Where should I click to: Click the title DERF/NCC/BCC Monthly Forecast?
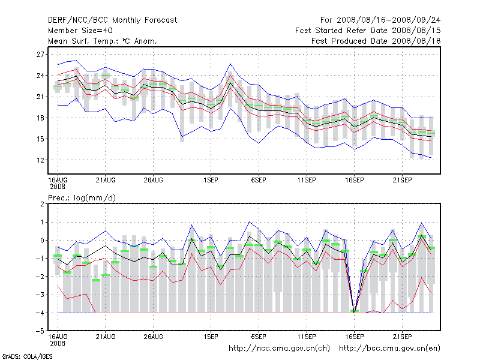(x=113, y=20)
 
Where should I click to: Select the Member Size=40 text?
(x=80, y=30)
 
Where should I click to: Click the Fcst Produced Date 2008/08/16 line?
(x=376, y=41)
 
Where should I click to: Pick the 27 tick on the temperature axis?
(x=41, y=54)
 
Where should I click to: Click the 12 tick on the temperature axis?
(x=41, y=160)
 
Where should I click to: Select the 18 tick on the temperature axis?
(x=41, y=118)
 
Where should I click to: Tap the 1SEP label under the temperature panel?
(x=211, y=179)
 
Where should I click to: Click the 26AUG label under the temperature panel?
(x=153, y=179)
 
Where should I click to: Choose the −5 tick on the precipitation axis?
(x=40, y=331)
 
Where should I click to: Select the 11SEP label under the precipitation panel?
(x=307, y=336)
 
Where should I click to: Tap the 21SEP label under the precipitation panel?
(x=402, y=336)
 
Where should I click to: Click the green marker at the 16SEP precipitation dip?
(x=354, y=311)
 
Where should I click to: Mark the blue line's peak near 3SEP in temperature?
(x=230, y=64)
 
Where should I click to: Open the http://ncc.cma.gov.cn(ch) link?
(x=280, y=348)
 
